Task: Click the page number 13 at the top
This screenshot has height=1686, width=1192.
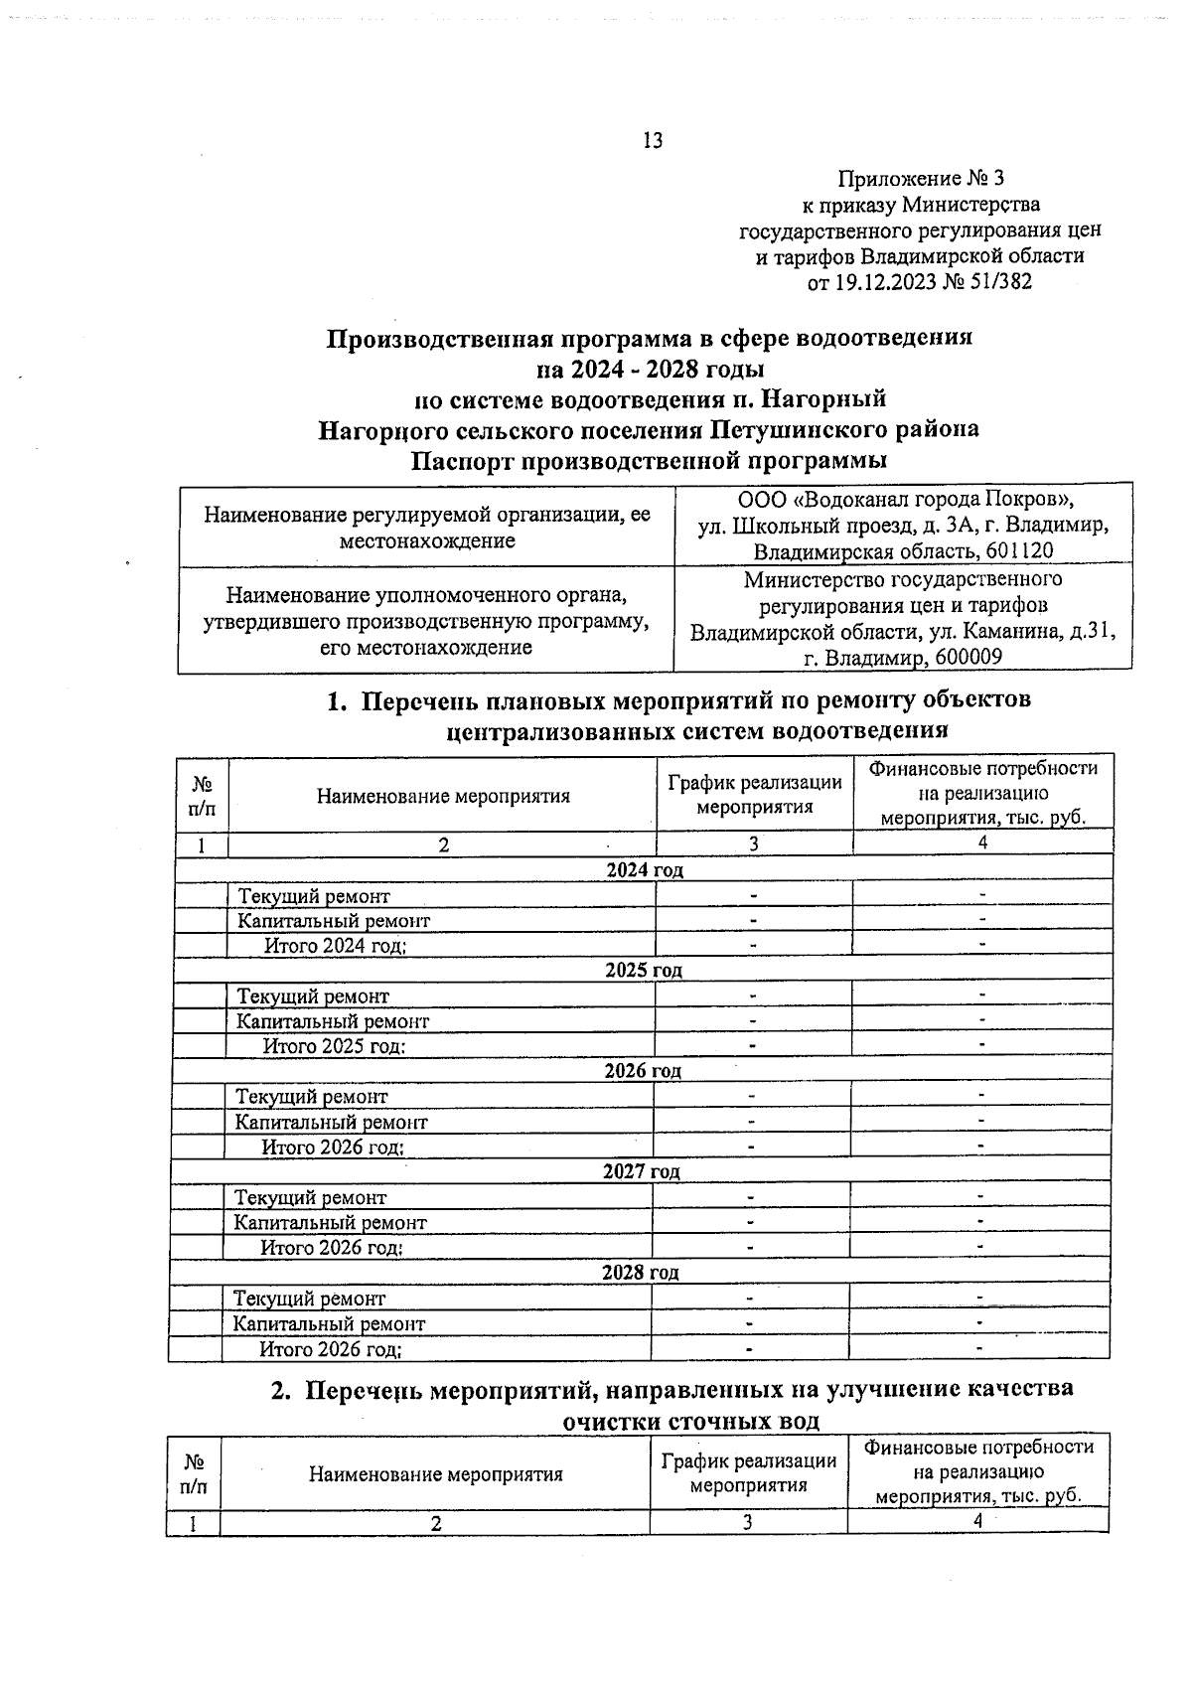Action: [653, 140]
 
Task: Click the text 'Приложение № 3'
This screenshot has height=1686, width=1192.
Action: [921, 179]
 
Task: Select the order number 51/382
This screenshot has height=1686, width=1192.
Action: [1000, 282]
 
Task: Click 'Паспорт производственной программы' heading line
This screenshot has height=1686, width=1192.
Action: [650, 462]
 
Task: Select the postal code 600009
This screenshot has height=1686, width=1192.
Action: [963, 658]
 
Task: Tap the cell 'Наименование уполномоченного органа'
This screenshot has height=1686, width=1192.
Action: [427, 595]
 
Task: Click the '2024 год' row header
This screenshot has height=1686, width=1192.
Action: [645, 870]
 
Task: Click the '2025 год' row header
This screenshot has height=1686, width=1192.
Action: [644, 971]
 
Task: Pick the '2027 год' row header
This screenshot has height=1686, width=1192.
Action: [642, 1172]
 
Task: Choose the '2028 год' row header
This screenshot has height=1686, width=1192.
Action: [641, 1273]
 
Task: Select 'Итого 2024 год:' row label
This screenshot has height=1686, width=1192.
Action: [335, 946]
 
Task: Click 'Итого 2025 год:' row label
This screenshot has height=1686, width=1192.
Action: [334, 1046]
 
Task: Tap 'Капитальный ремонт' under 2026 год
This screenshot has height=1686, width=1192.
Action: [331, 1123]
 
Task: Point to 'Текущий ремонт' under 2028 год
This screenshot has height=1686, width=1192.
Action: [309, 1299]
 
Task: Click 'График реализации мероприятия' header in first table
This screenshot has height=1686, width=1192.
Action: [754, 795]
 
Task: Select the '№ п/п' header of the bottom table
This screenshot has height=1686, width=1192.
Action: [195, 1474]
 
